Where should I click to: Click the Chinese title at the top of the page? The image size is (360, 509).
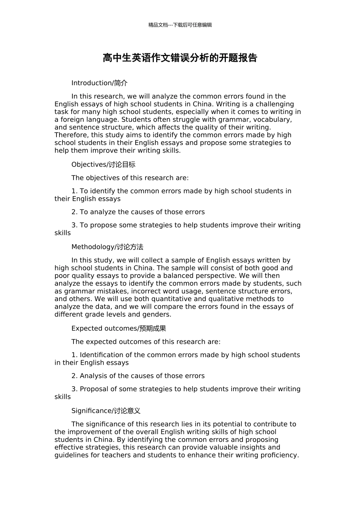pos(180,58)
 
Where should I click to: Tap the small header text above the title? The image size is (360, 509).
pos(180,25)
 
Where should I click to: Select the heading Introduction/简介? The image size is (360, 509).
pos(99,83)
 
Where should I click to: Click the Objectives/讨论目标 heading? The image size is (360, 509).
pos(103,164)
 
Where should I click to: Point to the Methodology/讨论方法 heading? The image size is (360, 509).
pos(107,247)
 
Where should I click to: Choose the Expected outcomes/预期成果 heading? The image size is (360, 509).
pos(119,328)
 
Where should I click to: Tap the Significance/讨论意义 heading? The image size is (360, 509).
pos(106,411)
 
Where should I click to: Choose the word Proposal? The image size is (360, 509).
pos(94,389)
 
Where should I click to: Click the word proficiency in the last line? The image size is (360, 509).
pos(279,455)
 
